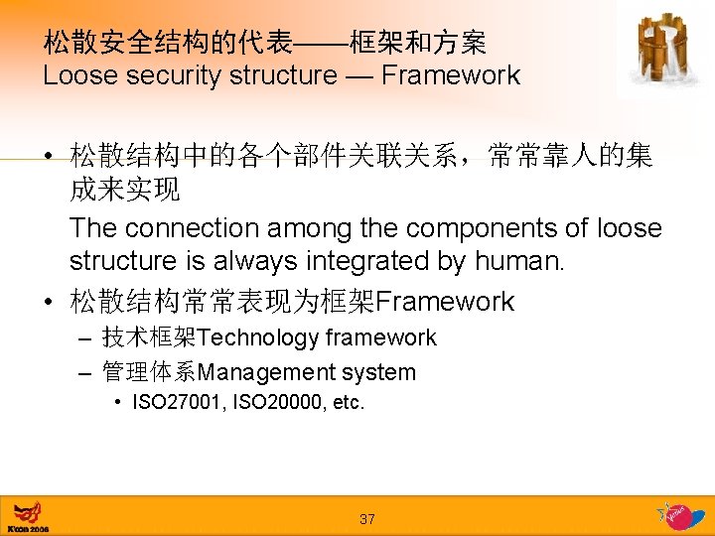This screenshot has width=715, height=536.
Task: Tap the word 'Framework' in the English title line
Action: tap(451, 75)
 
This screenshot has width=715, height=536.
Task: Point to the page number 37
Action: tap(367, 519)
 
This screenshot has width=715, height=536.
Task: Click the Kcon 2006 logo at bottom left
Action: tap(27, 517)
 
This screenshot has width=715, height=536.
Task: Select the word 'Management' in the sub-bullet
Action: tap(267, 373)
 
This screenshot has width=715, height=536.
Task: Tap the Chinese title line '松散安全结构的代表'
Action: tap(168, 43)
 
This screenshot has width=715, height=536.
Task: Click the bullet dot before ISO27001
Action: tap(118, 403)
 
